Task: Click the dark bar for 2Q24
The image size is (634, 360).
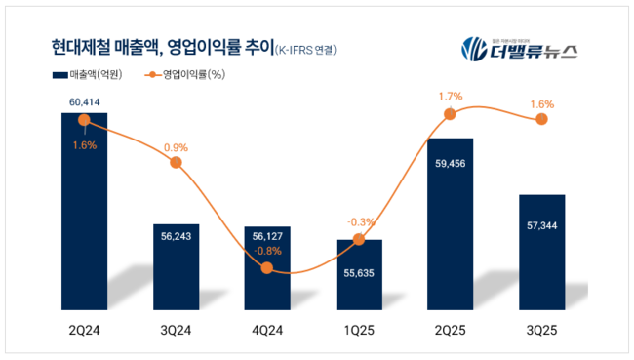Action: tap(84, 215)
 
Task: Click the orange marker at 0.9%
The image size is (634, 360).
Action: tap(176, 162)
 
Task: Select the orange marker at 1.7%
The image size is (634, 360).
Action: tap(450, 114)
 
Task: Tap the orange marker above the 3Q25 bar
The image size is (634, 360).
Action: tap(541, 120)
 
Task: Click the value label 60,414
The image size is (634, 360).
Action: tap(84, 100)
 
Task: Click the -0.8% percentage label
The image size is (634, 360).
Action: tap(267, 250)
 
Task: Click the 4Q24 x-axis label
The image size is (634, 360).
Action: tap(267, 331)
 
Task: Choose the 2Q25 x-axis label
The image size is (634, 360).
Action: tap(450, 331)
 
